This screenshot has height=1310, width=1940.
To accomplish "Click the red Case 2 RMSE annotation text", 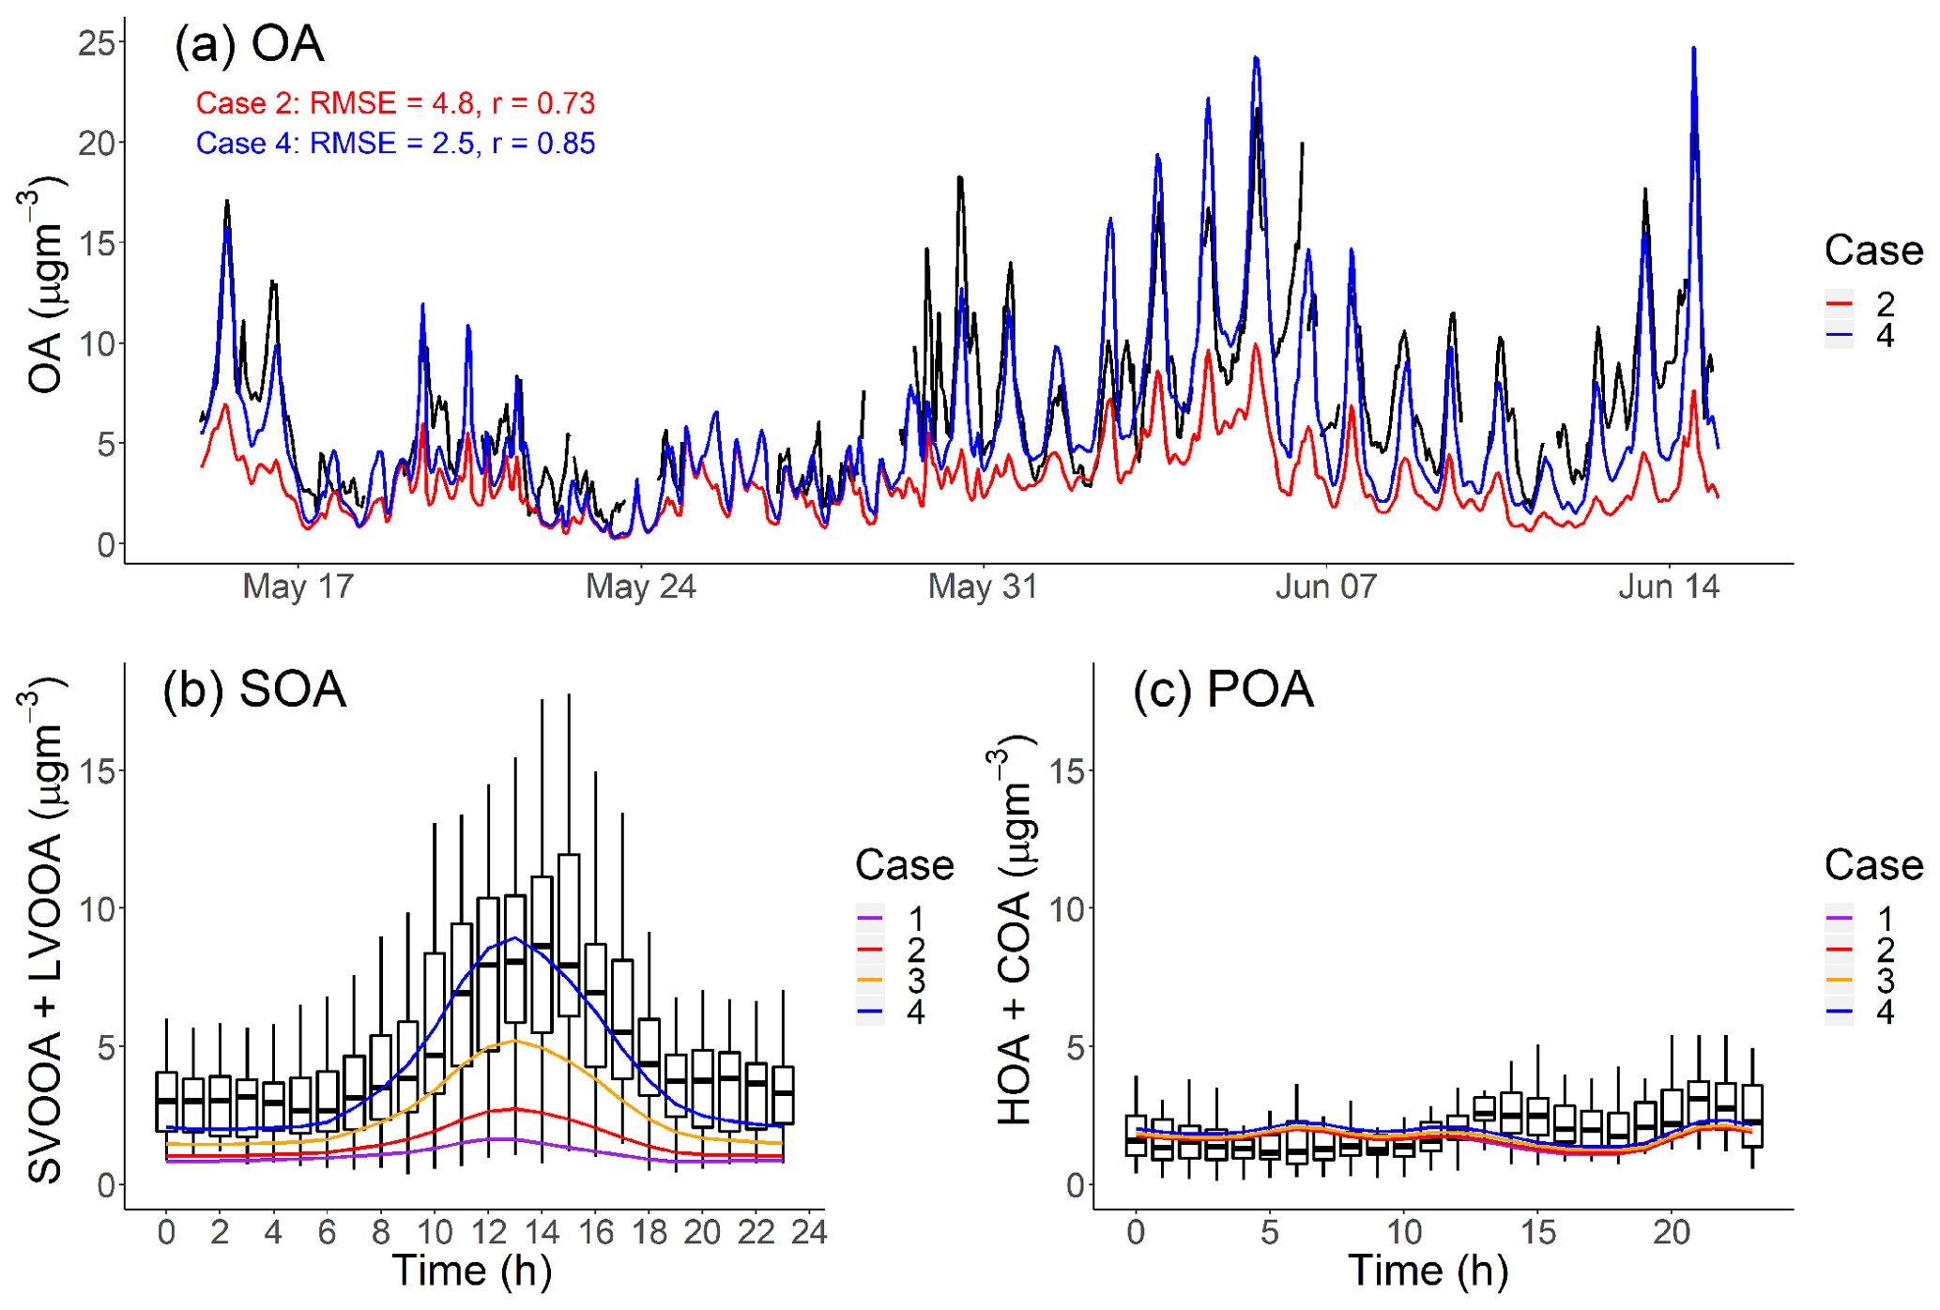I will point(395,103).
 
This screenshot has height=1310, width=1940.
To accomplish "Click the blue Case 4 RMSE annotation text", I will point(395,144).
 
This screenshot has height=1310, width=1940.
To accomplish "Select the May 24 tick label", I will point(640,587).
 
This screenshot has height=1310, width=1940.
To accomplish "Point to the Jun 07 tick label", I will point(1325,587).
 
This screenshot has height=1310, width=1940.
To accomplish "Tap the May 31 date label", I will point(983,587).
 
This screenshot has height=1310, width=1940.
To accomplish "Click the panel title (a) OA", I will point(249,44).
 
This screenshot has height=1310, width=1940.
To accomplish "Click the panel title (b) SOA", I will point(254,690).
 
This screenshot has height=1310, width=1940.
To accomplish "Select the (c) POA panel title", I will point(1222,690).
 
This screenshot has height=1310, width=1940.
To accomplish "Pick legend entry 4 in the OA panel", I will point(1885,335).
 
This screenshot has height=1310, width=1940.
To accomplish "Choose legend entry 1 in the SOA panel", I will point(915,919).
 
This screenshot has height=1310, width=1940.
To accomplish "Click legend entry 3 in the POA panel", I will point(1885,981).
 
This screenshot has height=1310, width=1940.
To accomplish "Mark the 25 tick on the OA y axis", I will point(97,43).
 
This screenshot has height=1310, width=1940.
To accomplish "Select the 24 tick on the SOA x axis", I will point(809,1232).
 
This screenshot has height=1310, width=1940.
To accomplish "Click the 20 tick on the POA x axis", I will point(1672,1232).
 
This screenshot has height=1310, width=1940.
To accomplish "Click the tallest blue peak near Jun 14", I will point(1693,49).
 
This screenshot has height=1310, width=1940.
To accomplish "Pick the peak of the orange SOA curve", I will point(514,1041).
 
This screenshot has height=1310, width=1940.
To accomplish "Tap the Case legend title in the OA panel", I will point(1873,251).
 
